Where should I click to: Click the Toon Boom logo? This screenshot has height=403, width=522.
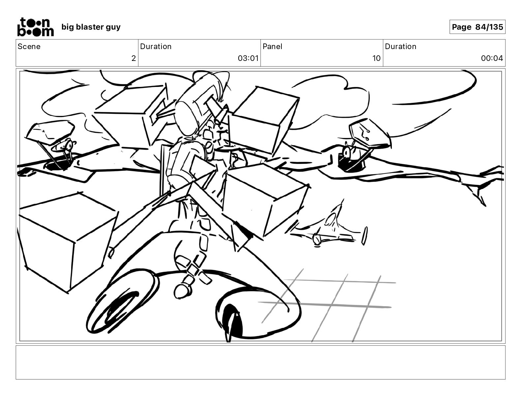[x=35, y=27]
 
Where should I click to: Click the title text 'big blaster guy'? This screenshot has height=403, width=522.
[x=91, y=27]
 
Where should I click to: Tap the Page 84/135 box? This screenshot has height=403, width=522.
[x=477, y=27]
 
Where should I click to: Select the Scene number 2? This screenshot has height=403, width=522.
[x=133, y=59]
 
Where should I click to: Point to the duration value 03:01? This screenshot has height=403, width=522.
[x=248, y=59]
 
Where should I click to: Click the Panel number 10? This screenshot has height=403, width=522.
[x=376, y=59]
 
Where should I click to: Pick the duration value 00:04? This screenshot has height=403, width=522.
[x=492, y=59]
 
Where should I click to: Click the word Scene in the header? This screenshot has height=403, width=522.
[x=29, y=46]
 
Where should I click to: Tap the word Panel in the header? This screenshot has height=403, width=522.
[x=272, y=46]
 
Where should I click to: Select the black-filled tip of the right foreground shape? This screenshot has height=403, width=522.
[x=233, y=321]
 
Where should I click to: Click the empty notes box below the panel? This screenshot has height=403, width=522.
[x=260, y=362]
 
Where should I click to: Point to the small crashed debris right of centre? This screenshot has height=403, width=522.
[x=330, y=229]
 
